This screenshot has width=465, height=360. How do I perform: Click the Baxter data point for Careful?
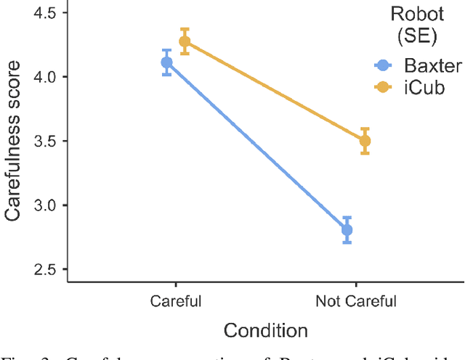pos(166,62)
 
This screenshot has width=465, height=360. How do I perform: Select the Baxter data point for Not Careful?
pos(347,230)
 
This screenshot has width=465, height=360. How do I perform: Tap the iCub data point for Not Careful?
pos(365,141)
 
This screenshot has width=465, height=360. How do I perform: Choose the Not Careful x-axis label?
pos(356,300)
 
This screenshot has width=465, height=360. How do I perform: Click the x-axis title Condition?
pos(265,331)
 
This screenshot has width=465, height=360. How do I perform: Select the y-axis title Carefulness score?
pos(14,141)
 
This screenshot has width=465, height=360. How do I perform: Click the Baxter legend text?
pos(433,66)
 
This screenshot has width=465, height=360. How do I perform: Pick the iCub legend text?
pos(425,87)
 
